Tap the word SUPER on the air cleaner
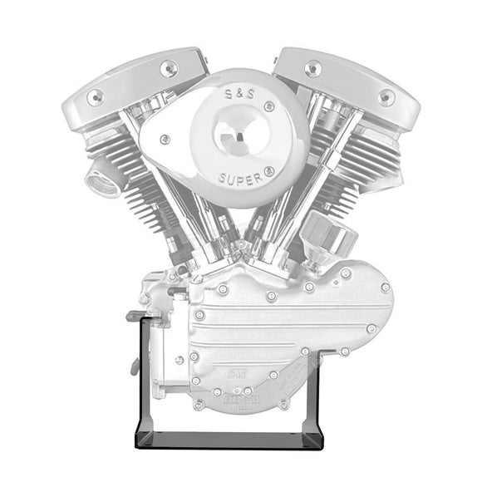point(240,179)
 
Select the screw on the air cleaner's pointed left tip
point(165,139)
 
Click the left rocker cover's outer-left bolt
point(95,96)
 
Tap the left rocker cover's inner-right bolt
point(170,69)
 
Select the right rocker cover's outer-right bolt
point(386,96)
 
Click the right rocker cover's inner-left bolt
point(313,68)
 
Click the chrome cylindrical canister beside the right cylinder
point(332,234)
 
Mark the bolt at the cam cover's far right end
point(385,288)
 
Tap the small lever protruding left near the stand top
point(133,316)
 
